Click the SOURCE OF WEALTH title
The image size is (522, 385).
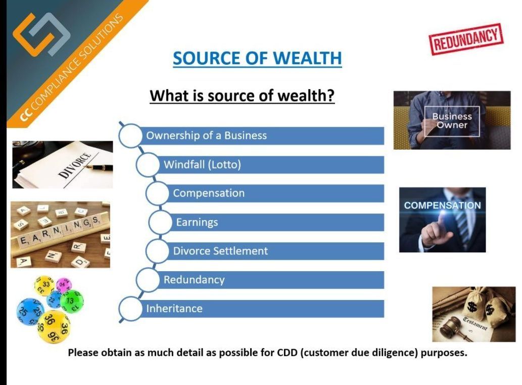click(257, 58)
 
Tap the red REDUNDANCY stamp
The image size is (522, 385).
click(466, 39)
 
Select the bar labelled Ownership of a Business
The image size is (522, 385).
click(262, 136)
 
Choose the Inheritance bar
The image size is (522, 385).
click(262, 309)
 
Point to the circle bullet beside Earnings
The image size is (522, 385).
click(160, 222)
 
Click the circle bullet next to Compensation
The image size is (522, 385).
click(158, 193)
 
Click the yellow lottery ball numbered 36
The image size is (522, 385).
click(53, 327)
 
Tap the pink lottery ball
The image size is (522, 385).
click(63, 285)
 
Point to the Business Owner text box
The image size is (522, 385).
click(452, 121)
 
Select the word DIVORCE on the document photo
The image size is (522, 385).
click(75, 164)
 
